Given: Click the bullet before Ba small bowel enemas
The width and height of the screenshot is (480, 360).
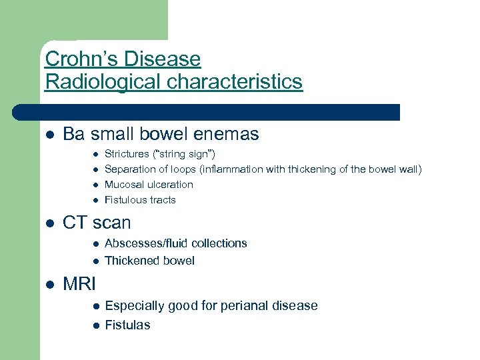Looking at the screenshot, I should tap(49, 135).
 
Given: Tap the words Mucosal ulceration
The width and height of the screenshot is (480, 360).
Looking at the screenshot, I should tap(149, 185).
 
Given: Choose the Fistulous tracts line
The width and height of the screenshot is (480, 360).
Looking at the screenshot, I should tap(140, 200).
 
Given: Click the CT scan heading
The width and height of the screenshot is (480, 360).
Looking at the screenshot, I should tap(97, 223).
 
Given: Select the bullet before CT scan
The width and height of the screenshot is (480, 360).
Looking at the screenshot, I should tap(49, 223).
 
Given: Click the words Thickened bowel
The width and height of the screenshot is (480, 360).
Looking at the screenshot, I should tap(149, 261).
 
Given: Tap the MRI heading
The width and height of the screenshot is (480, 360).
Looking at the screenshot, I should tap(79, 284).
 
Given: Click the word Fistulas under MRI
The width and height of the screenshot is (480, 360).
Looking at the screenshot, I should tap(127, 325).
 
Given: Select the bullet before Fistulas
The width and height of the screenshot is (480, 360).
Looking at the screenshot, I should tap(95, 325).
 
